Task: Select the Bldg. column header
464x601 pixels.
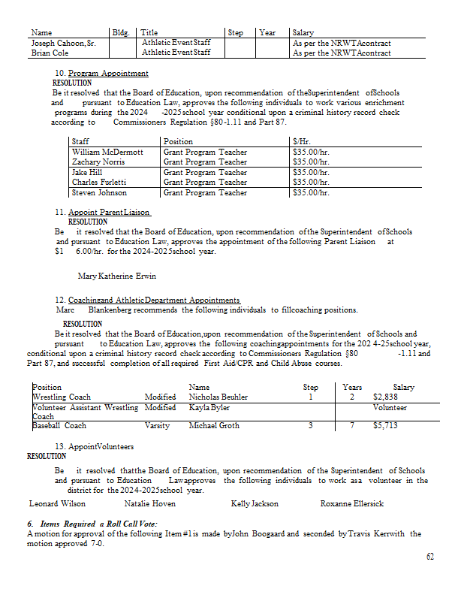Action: coord(120,33)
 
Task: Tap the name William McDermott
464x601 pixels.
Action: coord(107,152)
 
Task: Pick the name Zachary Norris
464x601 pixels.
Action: coord(98,162)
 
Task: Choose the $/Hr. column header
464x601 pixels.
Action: coord(302,141)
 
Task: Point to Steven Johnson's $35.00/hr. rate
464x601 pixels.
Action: coord(311,193)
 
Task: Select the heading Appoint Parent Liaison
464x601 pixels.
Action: coord(110,213)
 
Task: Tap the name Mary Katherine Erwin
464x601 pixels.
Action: coord(117,276)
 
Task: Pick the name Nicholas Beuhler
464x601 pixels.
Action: coord(218,397)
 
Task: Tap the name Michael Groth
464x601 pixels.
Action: coord(214,425)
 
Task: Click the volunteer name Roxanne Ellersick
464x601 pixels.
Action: coord(352,503)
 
